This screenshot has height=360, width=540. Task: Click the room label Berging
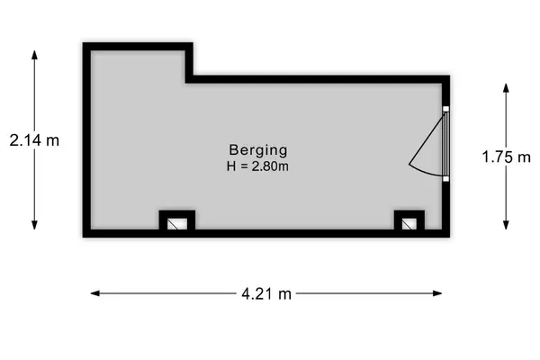(258, 150)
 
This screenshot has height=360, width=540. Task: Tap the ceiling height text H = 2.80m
(257, 166)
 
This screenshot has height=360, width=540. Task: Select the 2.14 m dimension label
(34, 140)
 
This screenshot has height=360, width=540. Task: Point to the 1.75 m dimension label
(506, 157)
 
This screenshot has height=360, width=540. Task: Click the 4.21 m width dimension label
(266, 294)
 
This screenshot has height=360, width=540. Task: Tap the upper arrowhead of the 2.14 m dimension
(34, 55)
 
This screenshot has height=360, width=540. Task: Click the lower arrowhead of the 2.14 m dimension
(34, 225)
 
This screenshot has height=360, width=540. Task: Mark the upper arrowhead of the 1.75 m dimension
(506, 88)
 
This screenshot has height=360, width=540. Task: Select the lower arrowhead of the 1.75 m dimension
(506, 225)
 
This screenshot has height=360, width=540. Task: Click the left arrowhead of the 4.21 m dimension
(95, 293)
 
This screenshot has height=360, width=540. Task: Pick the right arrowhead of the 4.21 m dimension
(437, 293)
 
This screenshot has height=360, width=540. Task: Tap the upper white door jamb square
(446, 109)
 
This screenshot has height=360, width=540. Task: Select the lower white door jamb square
(446, 179)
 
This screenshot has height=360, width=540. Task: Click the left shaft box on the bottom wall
(177, 220)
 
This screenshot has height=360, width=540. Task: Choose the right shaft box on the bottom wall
(409, 220)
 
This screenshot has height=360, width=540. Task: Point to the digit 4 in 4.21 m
(246, 294)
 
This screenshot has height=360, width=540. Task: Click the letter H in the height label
(231, 166)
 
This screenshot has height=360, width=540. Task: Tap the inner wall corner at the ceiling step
(185, 83)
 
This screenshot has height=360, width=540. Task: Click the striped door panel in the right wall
(446, 144)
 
